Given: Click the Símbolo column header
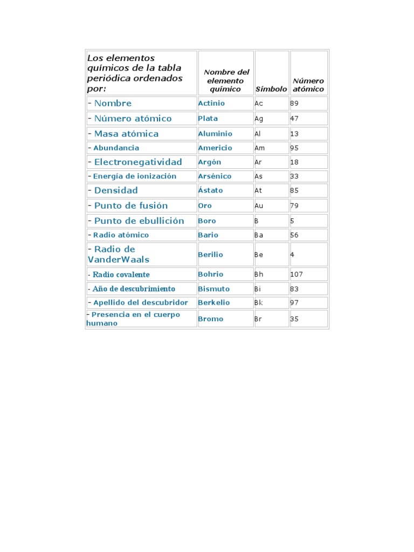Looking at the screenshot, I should tap(271, 89).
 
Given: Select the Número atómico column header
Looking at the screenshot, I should tap(308, 85).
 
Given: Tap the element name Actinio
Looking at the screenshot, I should tap(211, 103).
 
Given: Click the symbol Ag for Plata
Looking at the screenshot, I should tap(259, 119).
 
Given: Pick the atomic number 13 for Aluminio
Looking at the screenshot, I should tap(294, 134).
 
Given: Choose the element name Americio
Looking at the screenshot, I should tap(215, 148).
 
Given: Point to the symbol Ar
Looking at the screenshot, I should tap(259, 162).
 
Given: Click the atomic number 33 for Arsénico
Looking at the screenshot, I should tap(294, 176).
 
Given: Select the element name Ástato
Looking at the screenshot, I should tap(210, 190).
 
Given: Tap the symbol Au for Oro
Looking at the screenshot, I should tap(259, 205).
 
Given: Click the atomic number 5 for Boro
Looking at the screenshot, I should tap(292, 221).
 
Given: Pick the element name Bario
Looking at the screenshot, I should tap(208, 235).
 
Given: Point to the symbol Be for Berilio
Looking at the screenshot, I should tap(259, 254).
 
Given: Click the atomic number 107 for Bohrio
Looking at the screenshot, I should tap(296, 274).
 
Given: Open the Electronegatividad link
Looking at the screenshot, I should tap(138, 162).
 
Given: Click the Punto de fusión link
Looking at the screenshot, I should tap(131, 205).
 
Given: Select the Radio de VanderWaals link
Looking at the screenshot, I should tap(119, 254).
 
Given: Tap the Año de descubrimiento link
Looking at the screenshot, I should tap(134, 288).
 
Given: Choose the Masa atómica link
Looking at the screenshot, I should tap(126, 134).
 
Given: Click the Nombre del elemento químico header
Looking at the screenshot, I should tap(226, 80).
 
